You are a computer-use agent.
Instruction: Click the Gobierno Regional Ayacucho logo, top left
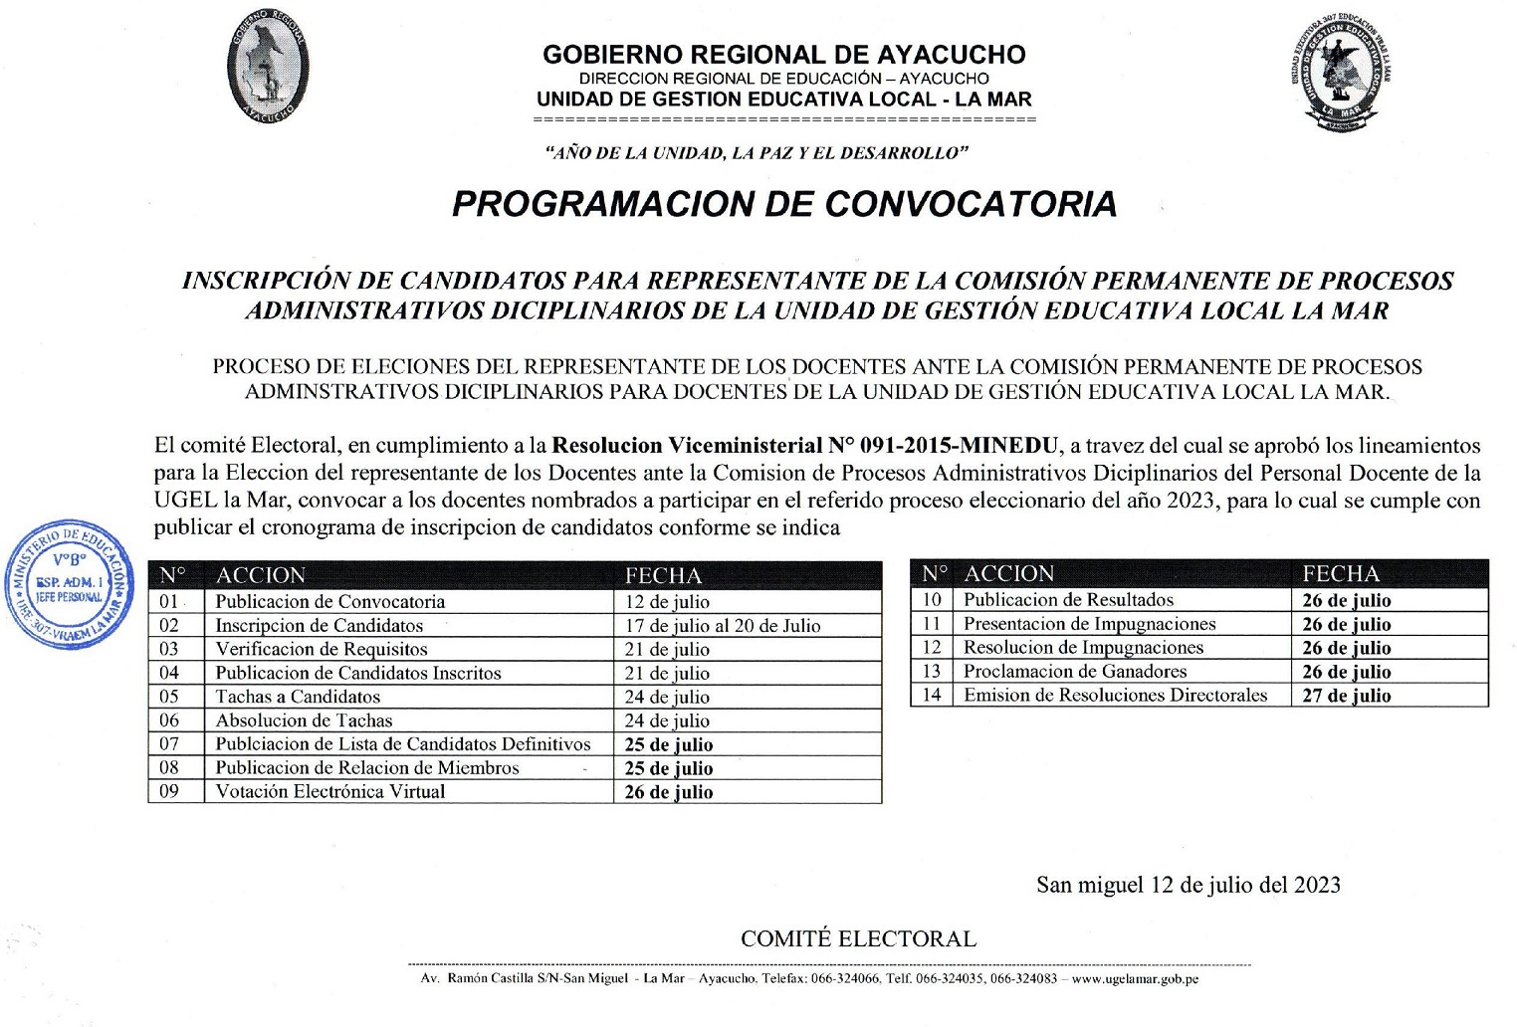click(267, 67)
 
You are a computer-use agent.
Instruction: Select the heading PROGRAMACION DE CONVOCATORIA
click(784, 204)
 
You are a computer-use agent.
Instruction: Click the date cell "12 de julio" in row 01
click(667, 602)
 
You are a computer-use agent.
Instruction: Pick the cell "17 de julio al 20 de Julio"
click(723, 626)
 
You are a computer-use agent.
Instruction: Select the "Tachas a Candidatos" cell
click(298, 697)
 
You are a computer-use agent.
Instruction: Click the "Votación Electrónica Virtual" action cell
click(330, 792)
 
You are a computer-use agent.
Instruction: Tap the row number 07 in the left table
click(169, 744)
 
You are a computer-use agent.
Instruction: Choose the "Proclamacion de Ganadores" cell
click(1075, 672)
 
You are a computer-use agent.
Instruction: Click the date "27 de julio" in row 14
click(1346, 696)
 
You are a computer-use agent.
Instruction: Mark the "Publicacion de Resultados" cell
click(1068, 600)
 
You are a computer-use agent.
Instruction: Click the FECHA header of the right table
click(1341, 574)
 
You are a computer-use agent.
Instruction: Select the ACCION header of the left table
click(261, 575)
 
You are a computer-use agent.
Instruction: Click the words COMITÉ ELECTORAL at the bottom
click(858, 938)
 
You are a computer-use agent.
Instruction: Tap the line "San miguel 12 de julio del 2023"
click(1188, 885)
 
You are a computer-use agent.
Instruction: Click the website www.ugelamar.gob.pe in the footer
click(1135, 979)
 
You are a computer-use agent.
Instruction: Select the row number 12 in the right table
click(932, 648)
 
